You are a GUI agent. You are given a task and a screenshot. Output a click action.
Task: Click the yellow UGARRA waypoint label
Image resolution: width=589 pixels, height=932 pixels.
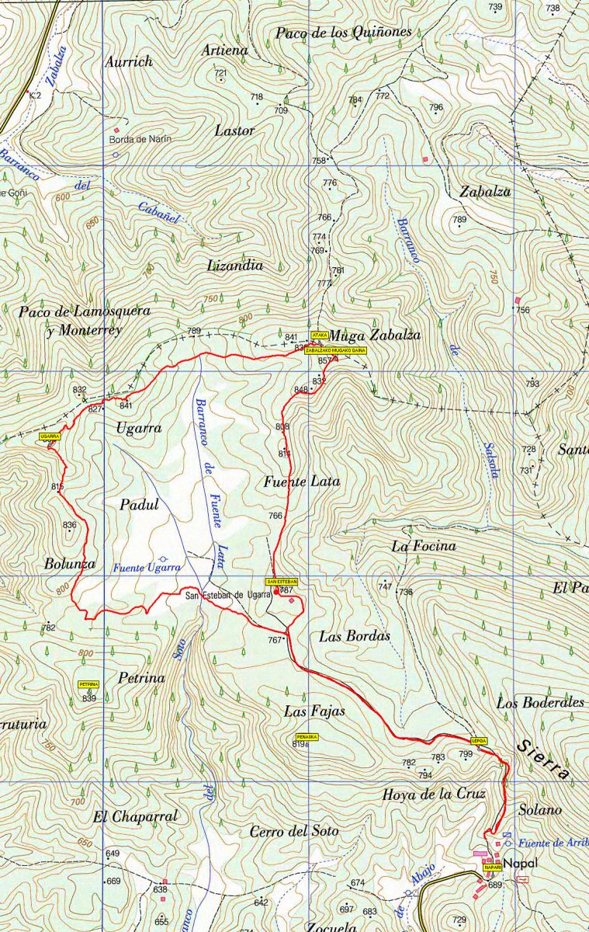click(49, 437)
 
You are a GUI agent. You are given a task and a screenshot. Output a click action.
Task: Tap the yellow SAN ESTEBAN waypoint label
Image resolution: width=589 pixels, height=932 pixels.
click(282, 581)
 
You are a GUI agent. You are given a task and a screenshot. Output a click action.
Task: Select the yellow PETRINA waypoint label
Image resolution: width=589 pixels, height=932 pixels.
click(88, 684)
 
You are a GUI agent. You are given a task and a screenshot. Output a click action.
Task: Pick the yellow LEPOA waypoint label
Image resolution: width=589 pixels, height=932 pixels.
click(479, 741)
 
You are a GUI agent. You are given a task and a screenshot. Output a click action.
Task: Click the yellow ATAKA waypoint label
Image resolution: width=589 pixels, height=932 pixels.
click(319, 335)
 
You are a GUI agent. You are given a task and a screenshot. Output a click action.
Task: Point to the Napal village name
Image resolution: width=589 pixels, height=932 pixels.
click(518, 863)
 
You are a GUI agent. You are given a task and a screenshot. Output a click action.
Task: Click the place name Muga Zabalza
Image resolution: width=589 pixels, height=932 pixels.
click(375, 336)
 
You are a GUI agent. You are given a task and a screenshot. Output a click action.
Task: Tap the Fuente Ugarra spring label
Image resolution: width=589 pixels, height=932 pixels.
click(147, 568)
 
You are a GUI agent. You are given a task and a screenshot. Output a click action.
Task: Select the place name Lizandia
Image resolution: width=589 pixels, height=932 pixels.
click(235, 265)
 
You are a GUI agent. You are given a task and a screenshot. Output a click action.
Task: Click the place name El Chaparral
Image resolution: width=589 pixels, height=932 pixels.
click(135, 816)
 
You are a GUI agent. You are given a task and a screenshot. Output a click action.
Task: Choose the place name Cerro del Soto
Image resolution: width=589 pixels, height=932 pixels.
click(294, 831)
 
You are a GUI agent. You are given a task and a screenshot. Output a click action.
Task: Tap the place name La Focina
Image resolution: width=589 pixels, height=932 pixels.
click(423, 546)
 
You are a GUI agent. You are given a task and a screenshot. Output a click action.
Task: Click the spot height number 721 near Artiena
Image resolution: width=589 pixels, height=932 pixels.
click(220, 73)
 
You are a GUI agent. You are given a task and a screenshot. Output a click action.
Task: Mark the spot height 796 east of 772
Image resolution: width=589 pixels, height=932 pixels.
click(436, 107)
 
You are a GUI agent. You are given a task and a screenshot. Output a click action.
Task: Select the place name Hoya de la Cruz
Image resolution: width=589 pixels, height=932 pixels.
click(434, 795)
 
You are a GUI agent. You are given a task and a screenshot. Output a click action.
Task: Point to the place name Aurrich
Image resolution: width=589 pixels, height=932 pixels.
click(129, 61)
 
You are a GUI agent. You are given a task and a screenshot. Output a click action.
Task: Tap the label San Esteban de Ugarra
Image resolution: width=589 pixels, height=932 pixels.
click(227, 596)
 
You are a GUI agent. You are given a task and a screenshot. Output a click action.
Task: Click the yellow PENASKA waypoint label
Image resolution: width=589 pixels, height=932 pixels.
click(306, 736)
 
